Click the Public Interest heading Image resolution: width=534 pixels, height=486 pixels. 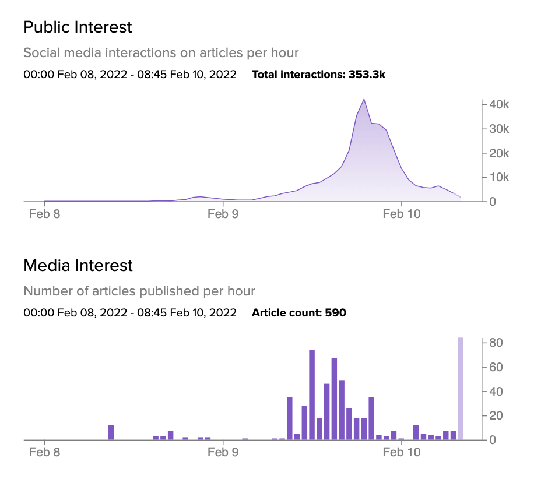78,27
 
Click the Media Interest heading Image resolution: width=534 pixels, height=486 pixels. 78,266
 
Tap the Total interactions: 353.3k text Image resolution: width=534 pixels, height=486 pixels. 318,75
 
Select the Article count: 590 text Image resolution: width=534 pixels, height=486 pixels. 298,313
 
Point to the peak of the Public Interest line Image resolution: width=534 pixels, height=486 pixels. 364,100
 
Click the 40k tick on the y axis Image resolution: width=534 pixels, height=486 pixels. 498,104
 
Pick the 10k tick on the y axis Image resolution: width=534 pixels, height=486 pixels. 498,177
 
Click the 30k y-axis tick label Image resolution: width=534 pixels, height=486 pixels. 498,129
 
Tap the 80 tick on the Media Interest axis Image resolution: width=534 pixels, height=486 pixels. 496,343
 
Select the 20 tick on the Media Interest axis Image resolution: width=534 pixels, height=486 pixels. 496,415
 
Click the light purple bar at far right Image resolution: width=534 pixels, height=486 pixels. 461,389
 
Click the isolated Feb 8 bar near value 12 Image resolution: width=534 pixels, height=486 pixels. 111,432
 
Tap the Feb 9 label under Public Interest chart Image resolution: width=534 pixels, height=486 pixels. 223,214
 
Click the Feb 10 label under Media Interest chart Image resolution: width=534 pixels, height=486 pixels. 401,452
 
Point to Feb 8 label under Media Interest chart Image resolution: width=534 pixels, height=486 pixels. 44,452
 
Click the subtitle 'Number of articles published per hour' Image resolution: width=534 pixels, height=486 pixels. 139,291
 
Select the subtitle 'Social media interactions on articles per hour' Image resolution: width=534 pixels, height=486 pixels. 161,53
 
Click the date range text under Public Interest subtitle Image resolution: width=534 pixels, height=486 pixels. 130,75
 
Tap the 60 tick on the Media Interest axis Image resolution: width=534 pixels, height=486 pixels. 496,367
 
